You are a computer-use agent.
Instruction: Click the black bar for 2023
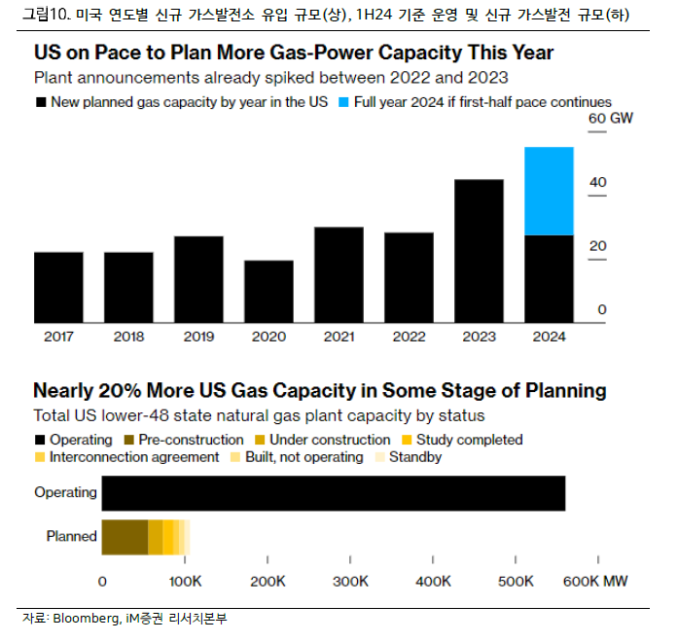click(x=479, y=251)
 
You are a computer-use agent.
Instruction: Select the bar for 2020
click(x=268, y=291)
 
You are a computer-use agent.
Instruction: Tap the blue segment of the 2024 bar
click(x=549, y=191)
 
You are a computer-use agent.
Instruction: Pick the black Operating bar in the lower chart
click(x=333, y=492)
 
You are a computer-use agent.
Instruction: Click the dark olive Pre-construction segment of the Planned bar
click(x=125, y=536)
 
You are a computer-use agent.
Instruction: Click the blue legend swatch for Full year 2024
click(x=345, y=101)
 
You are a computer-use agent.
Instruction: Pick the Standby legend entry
click(x=414, y=456)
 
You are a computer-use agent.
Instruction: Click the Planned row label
click(x=71, y=536)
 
